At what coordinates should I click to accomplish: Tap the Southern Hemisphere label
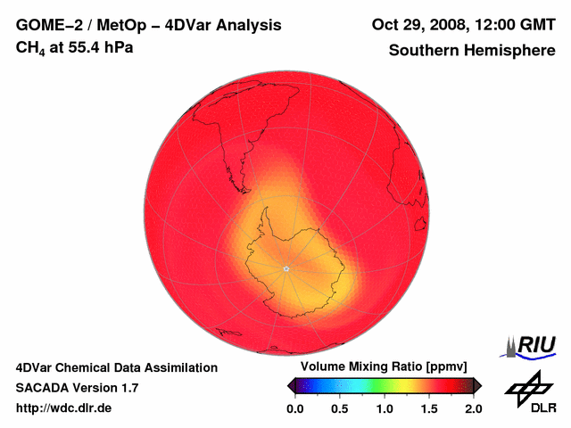tap(471, 51)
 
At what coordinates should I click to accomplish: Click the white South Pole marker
tap(285, 268)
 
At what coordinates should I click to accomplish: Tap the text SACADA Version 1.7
tap(77, 388)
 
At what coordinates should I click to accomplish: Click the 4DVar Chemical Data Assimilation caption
tap(116, 367)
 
